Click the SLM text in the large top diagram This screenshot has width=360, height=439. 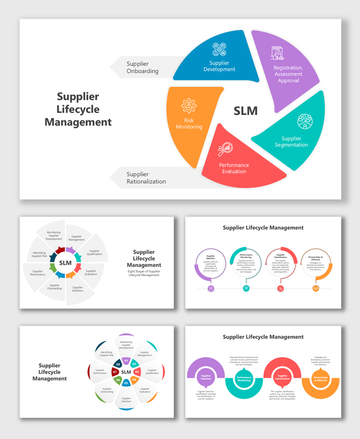pos(246,111)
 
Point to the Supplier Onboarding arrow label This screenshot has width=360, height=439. pos(142,68)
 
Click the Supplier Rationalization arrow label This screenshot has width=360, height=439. pos(146,178)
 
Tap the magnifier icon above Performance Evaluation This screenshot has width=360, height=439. pos(225,148)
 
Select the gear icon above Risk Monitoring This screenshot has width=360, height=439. pos(189,105)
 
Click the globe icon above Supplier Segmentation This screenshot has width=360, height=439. pos(305,121)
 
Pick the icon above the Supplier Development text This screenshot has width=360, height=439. pos(219,49)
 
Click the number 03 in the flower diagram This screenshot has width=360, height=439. pos(137,371)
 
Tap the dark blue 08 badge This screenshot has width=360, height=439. pos(118,364)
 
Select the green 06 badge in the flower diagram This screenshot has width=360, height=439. pos(118,380)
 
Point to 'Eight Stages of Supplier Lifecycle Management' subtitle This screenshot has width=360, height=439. pos(144,273)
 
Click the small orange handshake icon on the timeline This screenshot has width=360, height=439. pos(316,289)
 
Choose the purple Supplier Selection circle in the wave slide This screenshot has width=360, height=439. pos(206,377)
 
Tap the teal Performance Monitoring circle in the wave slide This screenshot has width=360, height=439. pos(244,378)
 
